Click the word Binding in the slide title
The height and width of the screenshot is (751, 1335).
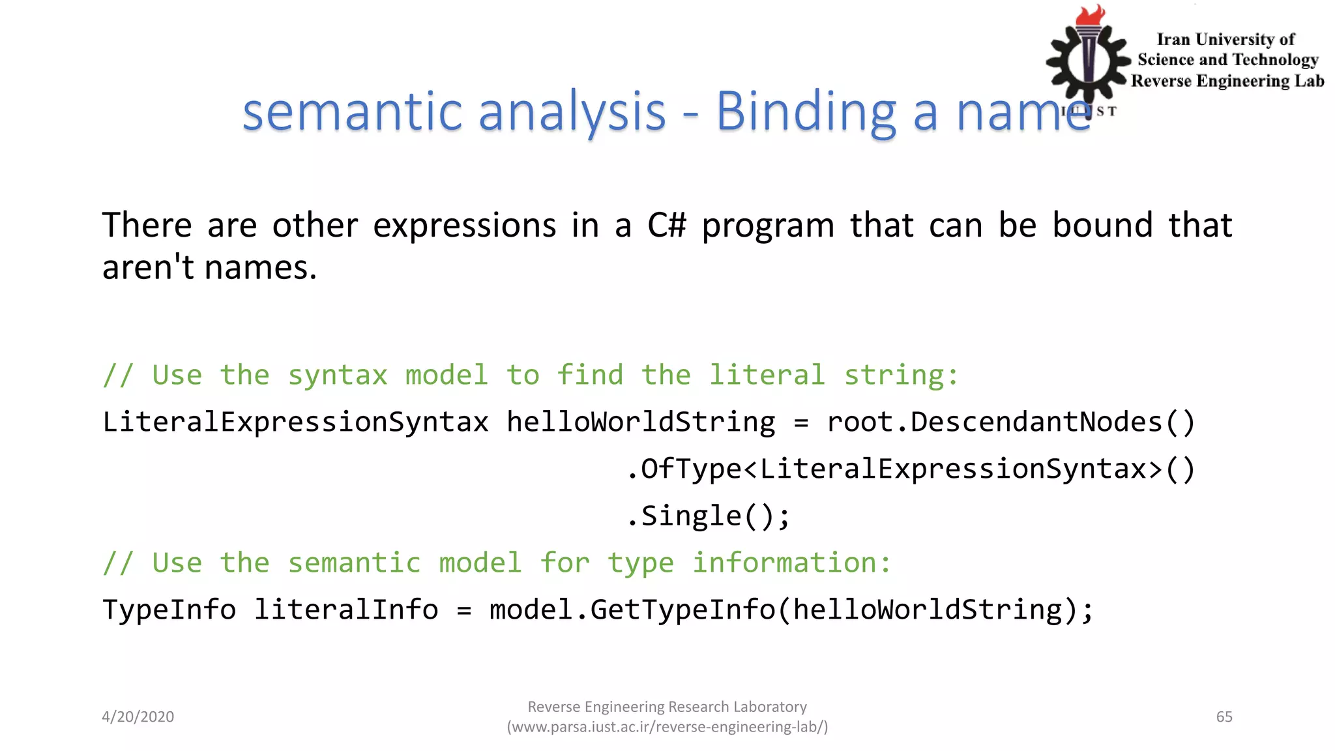tap(806, 112)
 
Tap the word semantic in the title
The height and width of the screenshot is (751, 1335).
tap(352, 112)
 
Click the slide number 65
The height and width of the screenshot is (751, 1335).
tap(1224, 716)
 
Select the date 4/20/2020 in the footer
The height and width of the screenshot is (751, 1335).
tap(138, 716)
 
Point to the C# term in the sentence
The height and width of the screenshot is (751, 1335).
tap(667, 226)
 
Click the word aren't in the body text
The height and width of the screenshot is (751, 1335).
tap(148, 267)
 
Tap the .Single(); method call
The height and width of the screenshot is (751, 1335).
tap(709, 516)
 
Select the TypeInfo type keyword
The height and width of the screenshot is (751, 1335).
tap(169, 610)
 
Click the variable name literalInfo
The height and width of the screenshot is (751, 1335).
tap(346, 610)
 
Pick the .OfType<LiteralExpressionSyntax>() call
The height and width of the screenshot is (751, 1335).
tap(911, 469)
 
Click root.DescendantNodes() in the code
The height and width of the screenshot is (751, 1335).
tap(1011, 422)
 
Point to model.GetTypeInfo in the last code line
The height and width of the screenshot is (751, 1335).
tap(632, 610)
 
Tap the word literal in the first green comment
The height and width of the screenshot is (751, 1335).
tap(767, 375)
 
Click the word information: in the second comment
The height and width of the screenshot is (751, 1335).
tap(791, 563)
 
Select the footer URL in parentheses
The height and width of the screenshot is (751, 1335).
tap(667, 727)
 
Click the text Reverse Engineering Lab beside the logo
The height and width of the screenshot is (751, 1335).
tap(1227, 81)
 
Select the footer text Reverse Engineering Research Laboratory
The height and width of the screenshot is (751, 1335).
tap(667, 707)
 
